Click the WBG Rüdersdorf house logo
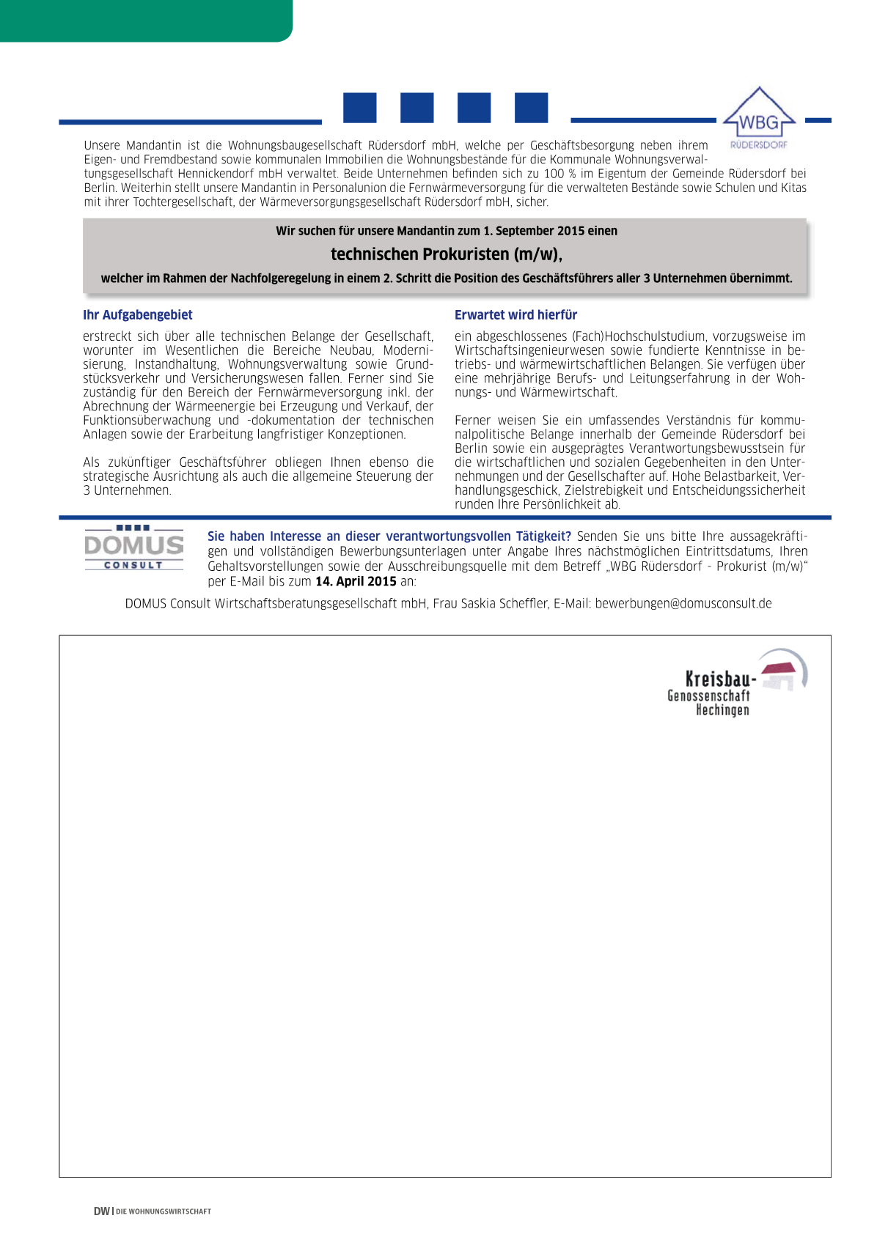pos(759,117)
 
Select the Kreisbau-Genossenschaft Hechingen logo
pos(736,682)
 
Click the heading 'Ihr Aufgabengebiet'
pos(138,315)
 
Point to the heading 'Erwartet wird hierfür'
pos(515,315)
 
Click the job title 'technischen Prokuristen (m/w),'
pos(447,254)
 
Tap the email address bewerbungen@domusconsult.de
pos(683,604)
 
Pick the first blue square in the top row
pos(360,108)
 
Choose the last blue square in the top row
pos(531,108)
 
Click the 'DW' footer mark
pos(101,1211)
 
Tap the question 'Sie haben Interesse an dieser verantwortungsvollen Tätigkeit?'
pos(389,536)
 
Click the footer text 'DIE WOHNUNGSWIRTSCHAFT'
pos(164,1212)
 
